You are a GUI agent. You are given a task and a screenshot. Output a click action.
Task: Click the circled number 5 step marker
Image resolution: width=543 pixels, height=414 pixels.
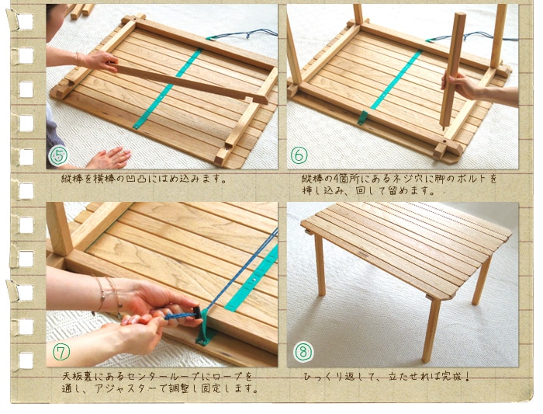pyautogui.click(x=59, y=156)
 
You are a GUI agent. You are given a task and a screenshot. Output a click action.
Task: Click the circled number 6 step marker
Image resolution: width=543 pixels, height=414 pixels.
pyautogui.click(x=299, y=155)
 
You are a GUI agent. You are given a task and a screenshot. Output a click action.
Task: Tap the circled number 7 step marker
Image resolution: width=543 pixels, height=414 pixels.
pyautogui.click(x=61, y=353)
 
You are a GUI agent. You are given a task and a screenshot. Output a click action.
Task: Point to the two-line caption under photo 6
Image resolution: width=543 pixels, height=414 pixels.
pyautogui.click(x=399, y=184)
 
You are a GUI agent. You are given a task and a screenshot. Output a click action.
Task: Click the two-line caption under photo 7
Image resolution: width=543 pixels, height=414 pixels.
pyautogui.click(x=159, y=382)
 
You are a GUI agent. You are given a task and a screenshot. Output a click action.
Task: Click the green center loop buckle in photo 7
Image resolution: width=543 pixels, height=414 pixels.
pyautogui.click(x=206, y=334)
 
